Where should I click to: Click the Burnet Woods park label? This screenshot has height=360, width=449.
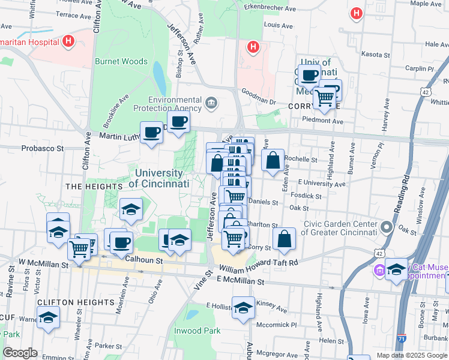pyautogui.click(x=121, y=61)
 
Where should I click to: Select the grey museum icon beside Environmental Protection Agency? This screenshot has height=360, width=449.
pyautogui.click(x=211, y=103)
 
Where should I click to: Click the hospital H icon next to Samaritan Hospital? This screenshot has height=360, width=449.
pyautogui.click(x=68, y=42)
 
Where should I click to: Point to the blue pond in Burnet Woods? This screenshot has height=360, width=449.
pyautogui.click(x=159, y=75)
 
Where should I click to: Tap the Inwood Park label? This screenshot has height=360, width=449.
pyautogui.click(x=197, y=331)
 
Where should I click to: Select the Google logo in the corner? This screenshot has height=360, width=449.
pyautogui.click(x=20, y=353)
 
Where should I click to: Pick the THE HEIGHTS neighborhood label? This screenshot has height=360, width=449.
pyautogui.click(x=89, y=187)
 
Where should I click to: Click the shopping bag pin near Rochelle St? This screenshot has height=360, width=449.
pyautogui.click(x=273, y=161)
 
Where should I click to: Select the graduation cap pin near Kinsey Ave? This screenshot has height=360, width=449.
pyautogui.click(x=243, y=308)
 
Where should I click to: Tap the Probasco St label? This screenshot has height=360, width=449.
pyautogui.click(x=43, y=148)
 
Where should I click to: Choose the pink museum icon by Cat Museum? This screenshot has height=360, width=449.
pyautogui.click(x=379, y=270)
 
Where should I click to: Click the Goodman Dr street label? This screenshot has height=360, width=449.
pyautogui.click(x=258, y=97)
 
